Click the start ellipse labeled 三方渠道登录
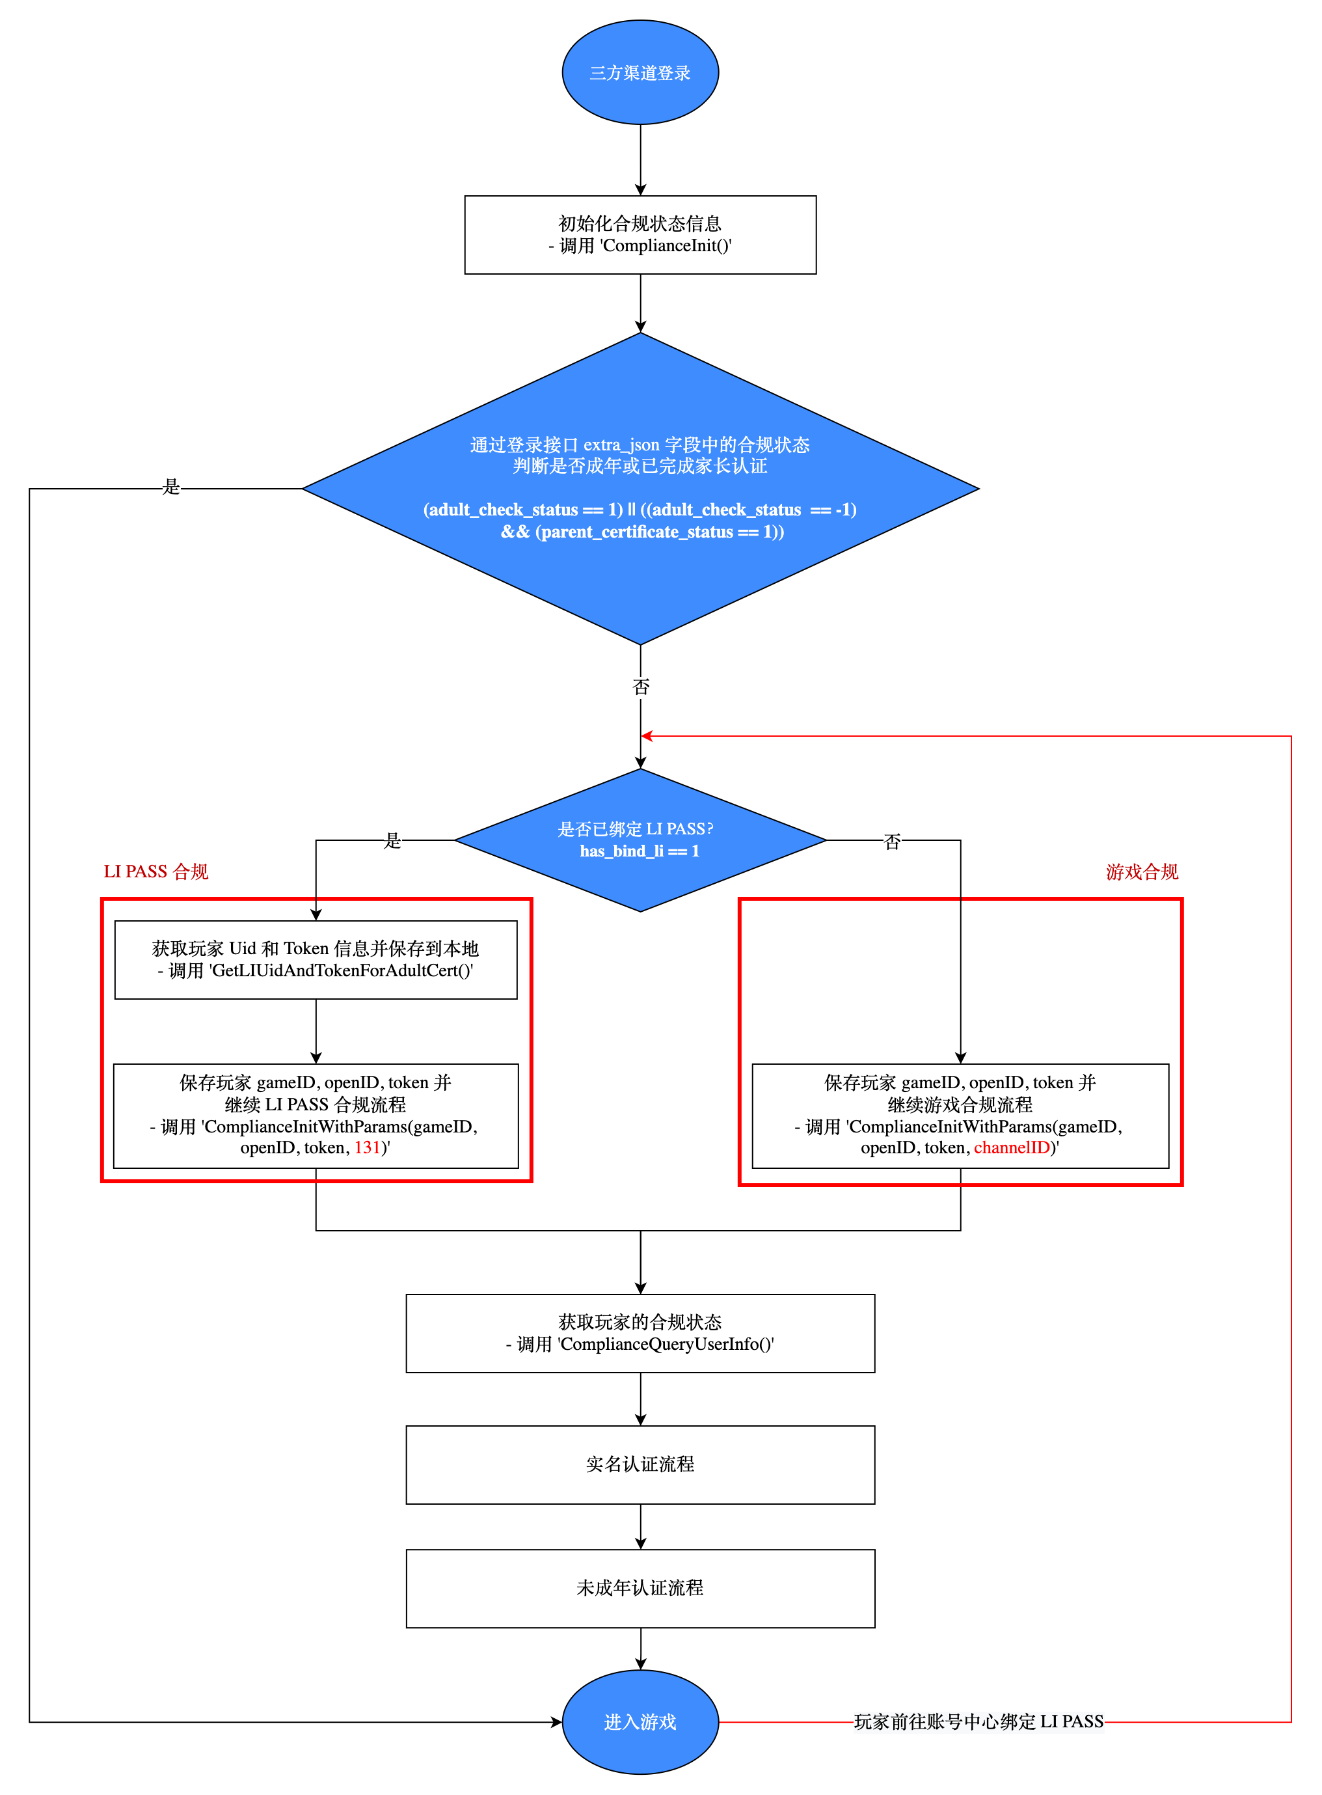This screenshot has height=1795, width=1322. (640, 72)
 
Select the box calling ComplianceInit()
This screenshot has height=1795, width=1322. (640, 234)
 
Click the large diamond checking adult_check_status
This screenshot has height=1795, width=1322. (640, 488)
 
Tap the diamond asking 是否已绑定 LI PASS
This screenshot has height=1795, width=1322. (640, 840)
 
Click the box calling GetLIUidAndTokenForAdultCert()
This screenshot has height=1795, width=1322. (316, 959)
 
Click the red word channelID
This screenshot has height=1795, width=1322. (1011, 1147)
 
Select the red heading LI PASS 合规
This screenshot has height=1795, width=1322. (156, 871)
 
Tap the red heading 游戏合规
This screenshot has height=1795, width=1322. (1141, 871)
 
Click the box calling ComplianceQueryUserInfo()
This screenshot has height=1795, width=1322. (640, 1333)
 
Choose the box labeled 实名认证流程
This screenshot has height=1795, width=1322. (640, 1464)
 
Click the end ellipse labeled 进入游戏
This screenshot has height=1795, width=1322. (640, 1721)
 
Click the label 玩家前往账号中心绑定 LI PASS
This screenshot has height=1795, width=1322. (978, 1721)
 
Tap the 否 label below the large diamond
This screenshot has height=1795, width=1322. (641, 686)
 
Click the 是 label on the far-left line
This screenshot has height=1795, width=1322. (171, 487)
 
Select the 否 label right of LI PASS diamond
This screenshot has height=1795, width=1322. (891, 841)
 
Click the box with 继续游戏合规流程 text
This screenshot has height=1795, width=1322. (960, 1116)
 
